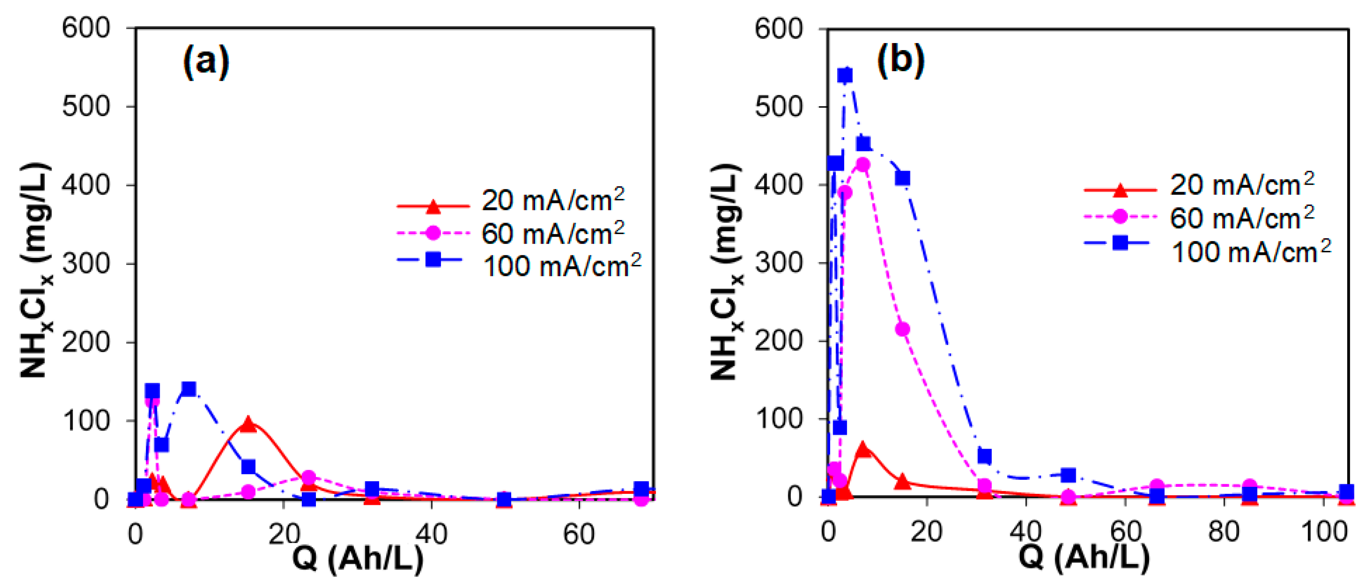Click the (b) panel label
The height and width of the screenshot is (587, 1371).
(x=901, y=60)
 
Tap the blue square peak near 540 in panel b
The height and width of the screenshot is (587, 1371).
(x=845, y=75)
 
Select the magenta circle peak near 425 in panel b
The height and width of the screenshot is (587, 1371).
(x=863, y=165)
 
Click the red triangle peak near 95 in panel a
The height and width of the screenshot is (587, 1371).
(x=248, y=424)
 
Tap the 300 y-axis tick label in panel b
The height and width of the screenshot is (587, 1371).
(x=778, y=263)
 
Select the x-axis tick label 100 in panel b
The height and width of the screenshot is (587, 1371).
(x=1323, y=532)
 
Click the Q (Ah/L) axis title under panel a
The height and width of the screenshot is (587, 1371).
(x=358, y=559)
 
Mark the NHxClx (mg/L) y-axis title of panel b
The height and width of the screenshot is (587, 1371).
(x=725, y=271)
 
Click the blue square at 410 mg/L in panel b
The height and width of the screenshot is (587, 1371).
(x=902, y=178)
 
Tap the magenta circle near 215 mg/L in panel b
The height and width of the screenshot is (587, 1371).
(x=902, y=329)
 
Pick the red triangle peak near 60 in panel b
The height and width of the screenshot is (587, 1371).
(x=863, y=450)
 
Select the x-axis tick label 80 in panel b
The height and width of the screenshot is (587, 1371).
(x=1224, y=532)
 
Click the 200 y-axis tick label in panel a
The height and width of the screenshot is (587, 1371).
(x=86, y=342)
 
